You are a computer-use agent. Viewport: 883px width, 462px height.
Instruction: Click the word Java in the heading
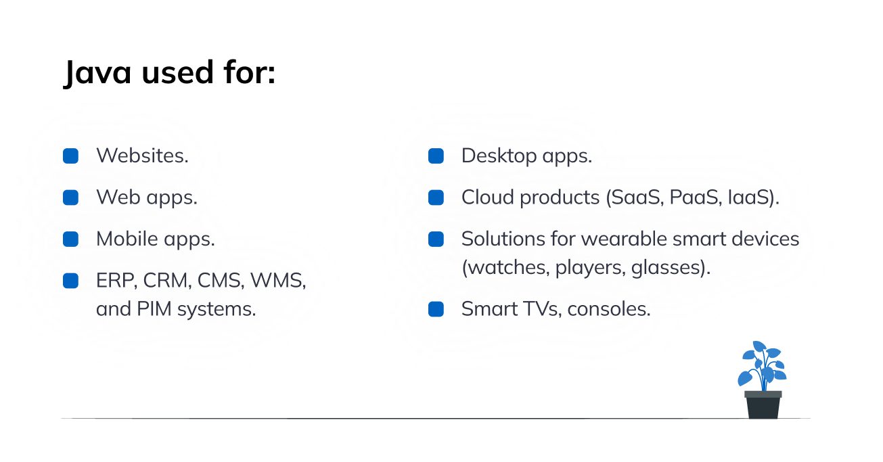pyautogui.click(x=97, y=73)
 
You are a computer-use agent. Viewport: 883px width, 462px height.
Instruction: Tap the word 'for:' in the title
pyautogui.click(x=250, y=72)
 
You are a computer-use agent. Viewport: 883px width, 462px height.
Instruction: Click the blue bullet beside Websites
pyautogui.click(x=70, y=156)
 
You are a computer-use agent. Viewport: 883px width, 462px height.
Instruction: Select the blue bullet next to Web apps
pyautogui.click(x=70, y=198)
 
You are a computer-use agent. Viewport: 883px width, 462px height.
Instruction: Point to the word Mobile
pyautogui.click(x=127, y=239)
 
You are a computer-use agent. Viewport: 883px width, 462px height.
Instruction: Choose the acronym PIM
pyautogui.click(x=154, y=308)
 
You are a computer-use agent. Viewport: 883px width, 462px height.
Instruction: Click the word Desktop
pyautogui.click(x=499, y=156)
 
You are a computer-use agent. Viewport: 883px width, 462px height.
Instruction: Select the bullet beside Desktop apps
pyautogui.click(x=436, y=156)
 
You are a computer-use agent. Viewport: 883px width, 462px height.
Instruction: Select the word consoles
pyautogui.click(x=609, y=308)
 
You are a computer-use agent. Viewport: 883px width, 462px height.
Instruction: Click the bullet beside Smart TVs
pyautogui.click(x=436, y=309)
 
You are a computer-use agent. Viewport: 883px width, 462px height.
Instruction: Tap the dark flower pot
pyautogui.click(x=763, y=405)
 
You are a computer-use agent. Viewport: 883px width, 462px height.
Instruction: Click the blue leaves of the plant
pyautogui.click(x=762, y=365)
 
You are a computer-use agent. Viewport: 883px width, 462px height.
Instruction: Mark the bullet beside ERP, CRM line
pyautogui.click(x=70, y=281)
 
